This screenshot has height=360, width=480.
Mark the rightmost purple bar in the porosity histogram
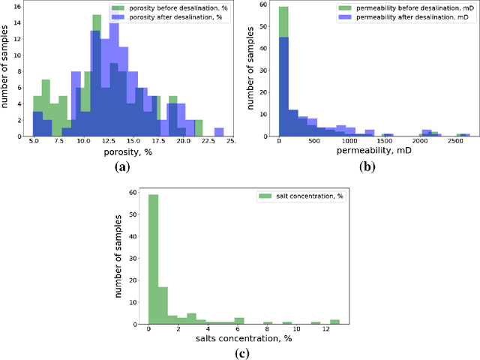[219, 132]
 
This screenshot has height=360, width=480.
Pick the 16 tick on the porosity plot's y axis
[22, 4]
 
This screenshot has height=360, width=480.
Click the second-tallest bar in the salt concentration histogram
[163, 303]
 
